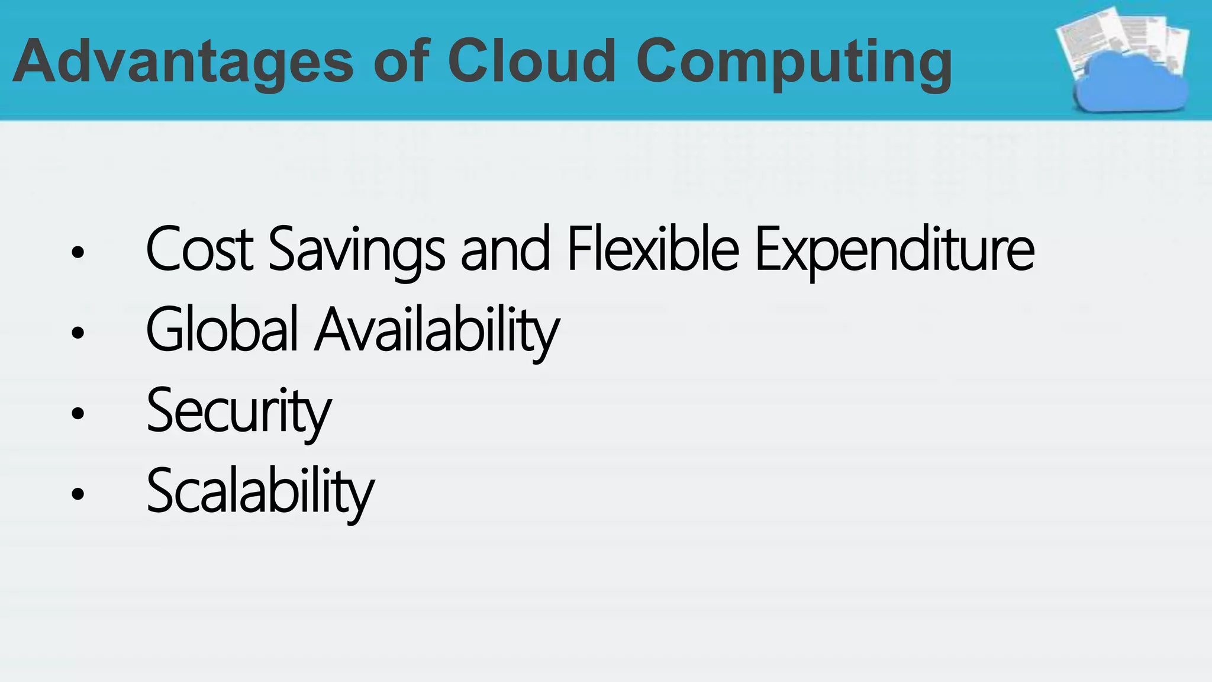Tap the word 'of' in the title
[401, 62]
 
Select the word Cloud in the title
[531, 62]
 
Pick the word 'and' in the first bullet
[505, 250]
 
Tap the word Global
[222, 330]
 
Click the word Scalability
[260, 491]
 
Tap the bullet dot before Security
[78, 413]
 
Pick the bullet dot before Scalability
[78, 493]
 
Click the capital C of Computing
[662, 62]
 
